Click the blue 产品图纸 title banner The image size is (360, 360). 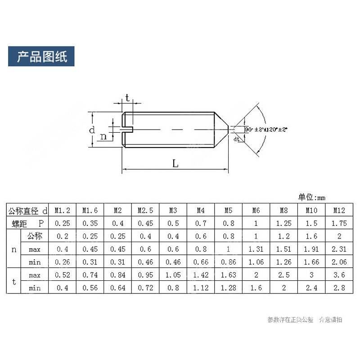pos(41,57)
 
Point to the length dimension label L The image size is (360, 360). pos(175,164)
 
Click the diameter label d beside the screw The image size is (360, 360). pos(91,130)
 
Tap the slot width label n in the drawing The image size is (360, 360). pos(103,137)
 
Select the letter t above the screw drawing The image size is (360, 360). pos(127,97)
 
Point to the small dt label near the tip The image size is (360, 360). pos(236,139)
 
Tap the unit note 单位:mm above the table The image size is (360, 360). pos(311,197)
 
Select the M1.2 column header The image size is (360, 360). pos(63,210)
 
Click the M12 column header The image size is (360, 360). pos(339,210)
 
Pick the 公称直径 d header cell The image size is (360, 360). pos(27,210)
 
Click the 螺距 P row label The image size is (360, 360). pos(27,223)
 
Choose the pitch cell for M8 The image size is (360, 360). pos(283,223)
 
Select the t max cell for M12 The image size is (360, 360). pos(339,274)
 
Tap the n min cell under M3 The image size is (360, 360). pos(173,261)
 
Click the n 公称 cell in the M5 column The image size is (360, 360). pos(228,236)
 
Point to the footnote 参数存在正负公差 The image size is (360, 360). pos(290,319)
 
